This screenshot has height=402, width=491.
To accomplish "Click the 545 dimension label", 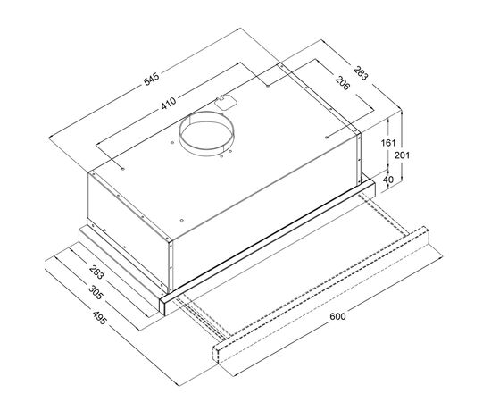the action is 152,80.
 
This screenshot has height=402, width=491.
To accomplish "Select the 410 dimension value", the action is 169,103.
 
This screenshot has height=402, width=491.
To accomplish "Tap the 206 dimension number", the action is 342,83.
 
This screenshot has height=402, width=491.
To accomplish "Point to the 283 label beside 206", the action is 361,72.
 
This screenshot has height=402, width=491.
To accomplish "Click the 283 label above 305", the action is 96,272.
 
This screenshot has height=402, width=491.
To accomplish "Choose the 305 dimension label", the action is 96,292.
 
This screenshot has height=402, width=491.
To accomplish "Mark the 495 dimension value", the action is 100,317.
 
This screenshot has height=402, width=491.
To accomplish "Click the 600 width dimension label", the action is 337,316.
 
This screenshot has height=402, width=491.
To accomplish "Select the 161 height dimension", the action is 388,143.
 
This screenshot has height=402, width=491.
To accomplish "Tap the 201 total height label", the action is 402,155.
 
